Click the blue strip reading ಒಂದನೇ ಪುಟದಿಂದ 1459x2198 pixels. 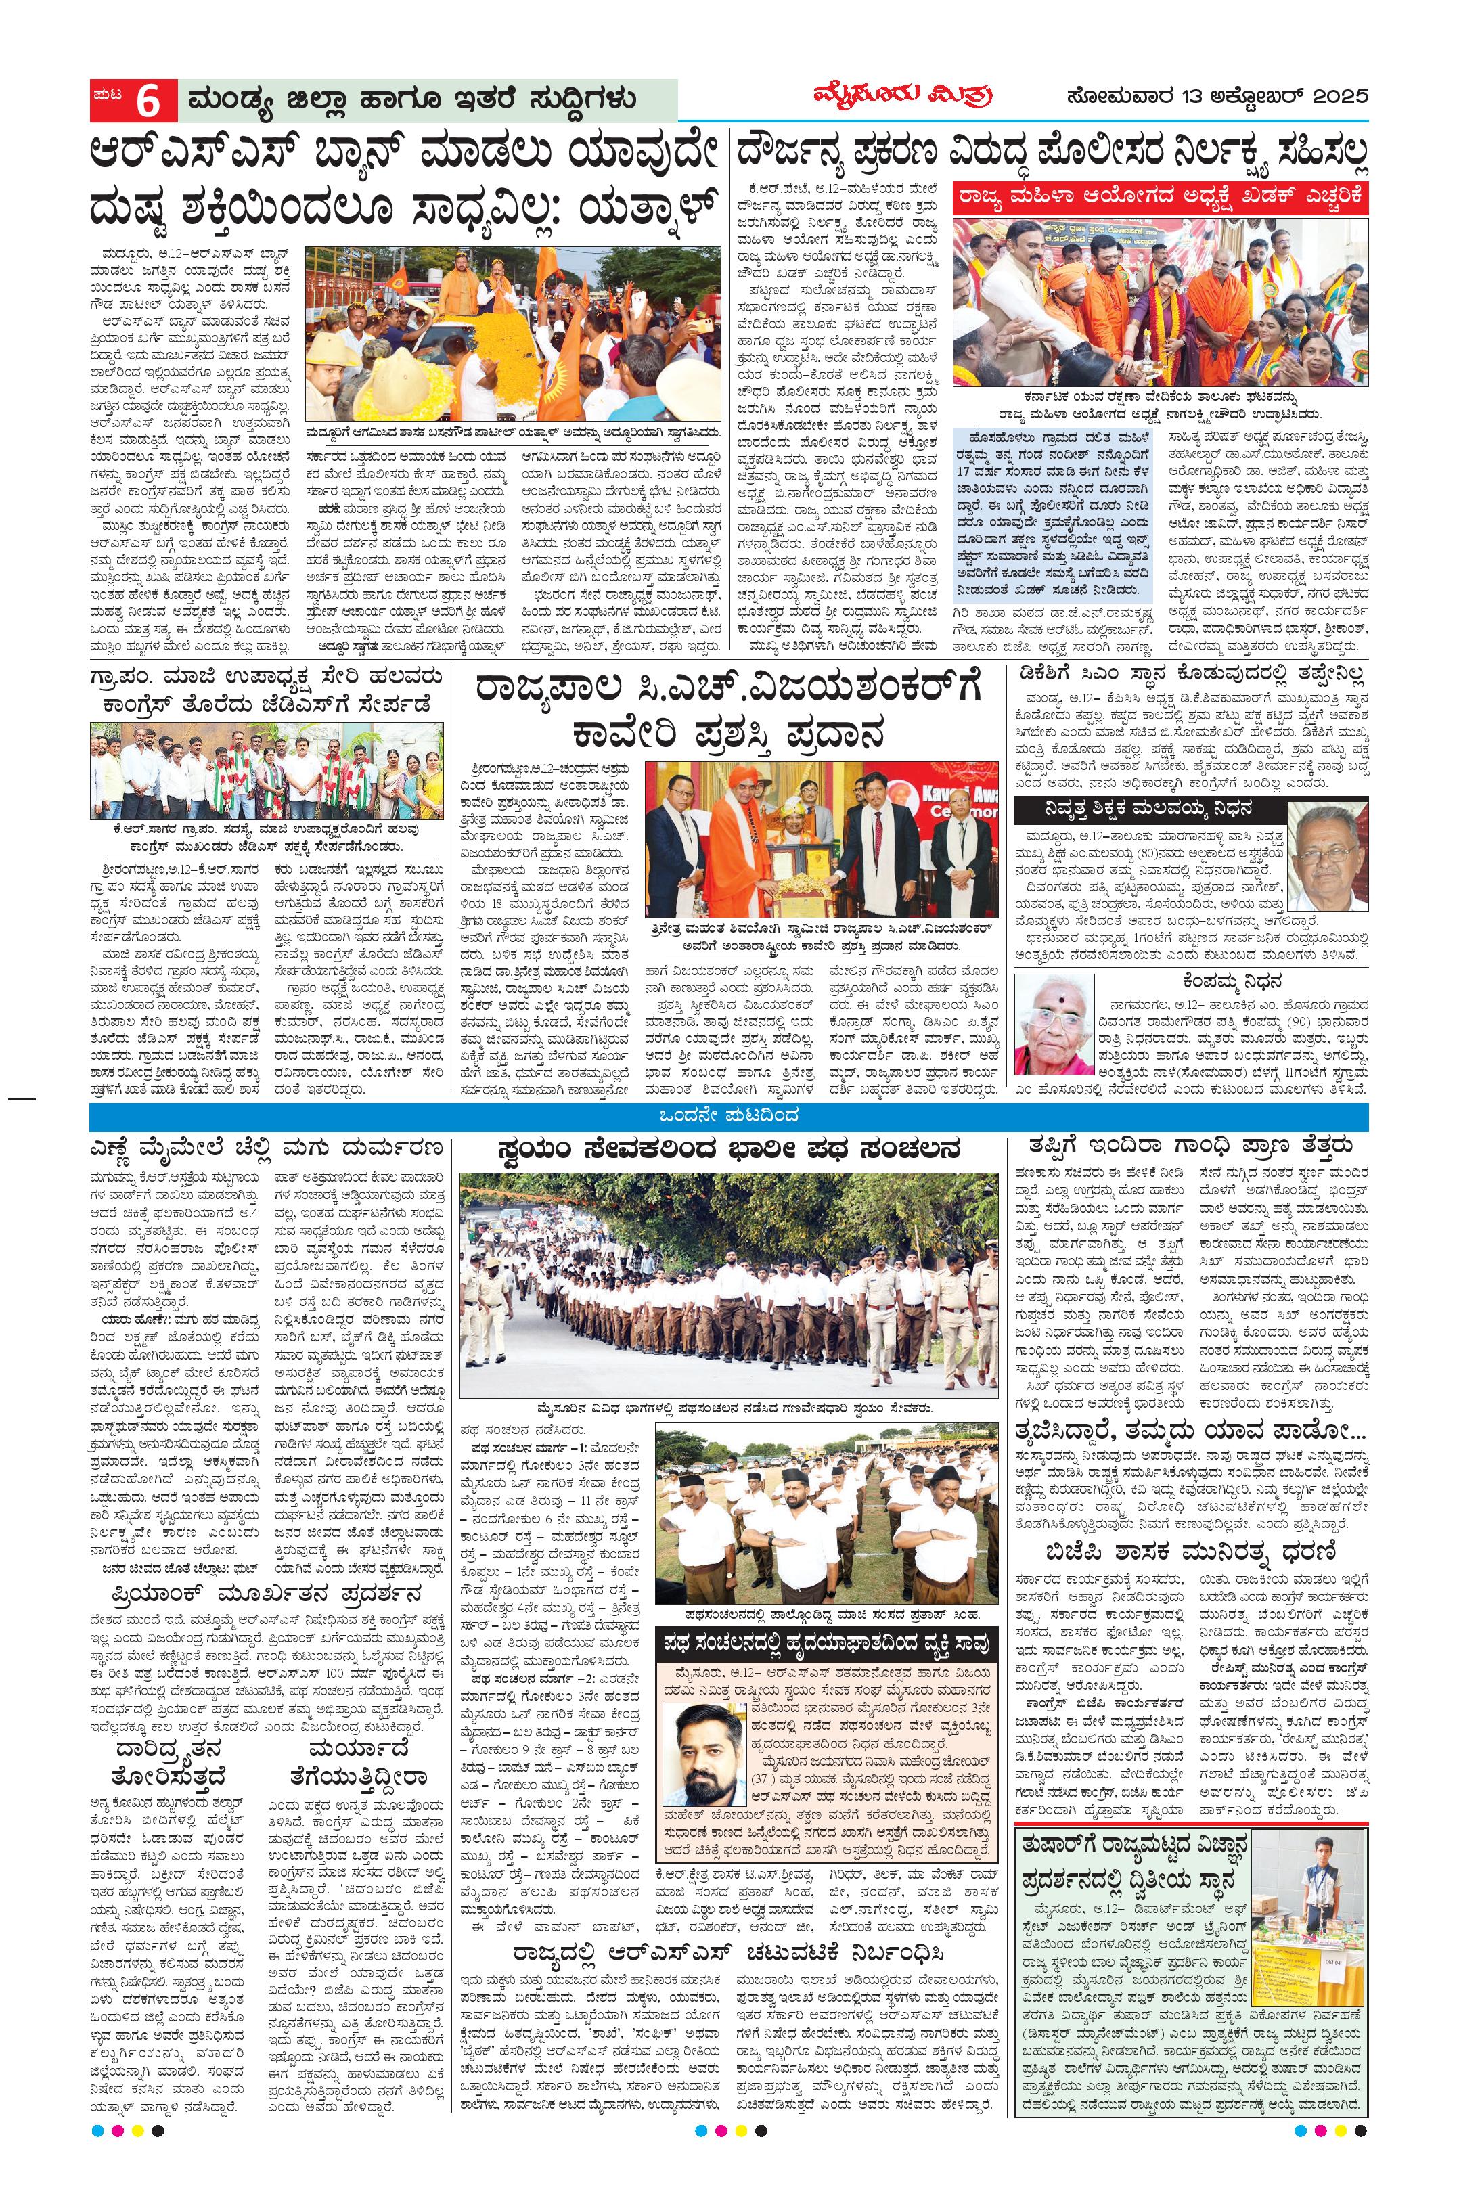click(x=729, y=1116)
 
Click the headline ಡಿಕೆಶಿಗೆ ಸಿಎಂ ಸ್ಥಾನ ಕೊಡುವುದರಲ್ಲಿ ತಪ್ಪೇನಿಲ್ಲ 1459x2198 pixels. click(x=1191, y=677)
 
